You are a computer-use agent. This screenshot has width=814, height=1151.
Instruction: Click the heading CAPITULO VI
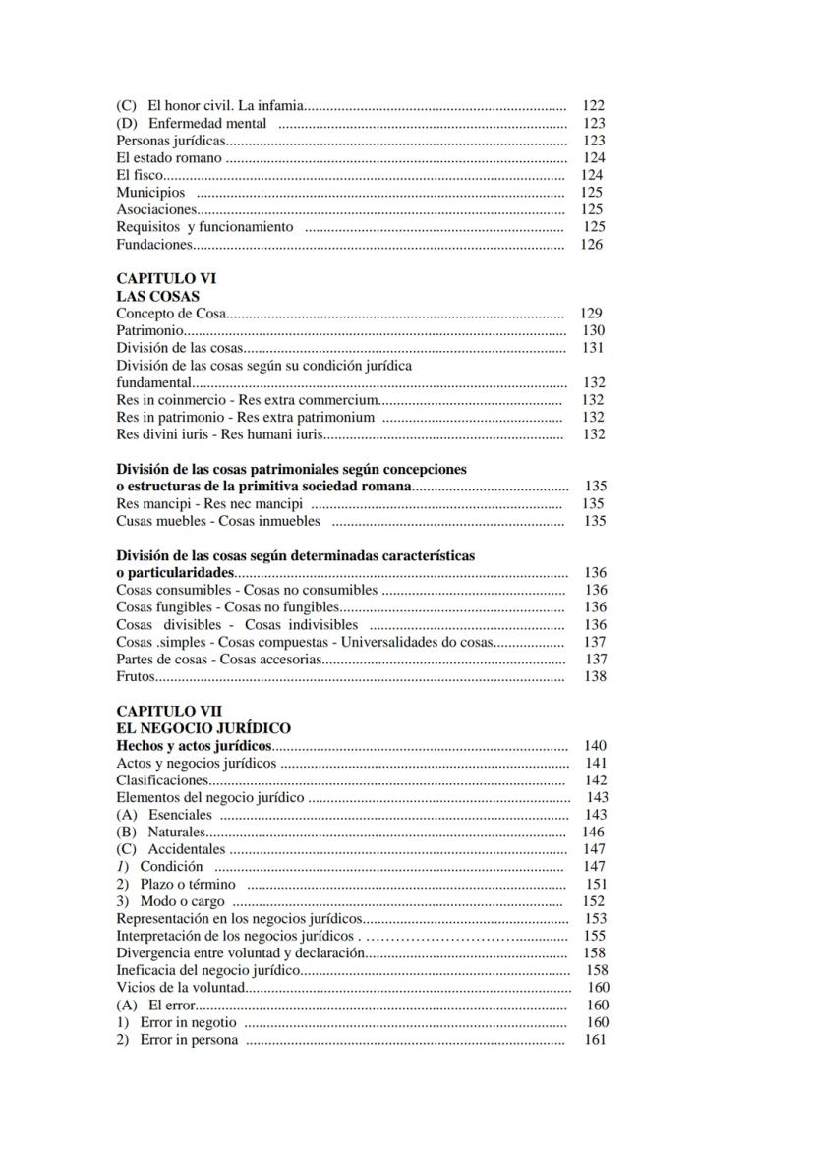166,278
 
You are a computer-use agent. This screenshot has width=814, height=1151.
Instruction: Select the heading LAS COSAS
157,296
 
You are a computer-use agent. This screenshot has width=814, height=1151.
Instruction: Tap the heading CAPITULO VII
169,711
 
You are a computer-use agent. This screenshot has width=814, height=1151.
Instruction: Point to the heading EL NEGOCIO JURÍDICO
203,728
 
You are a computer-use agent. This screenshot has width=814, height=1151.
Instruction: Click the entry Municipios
150,192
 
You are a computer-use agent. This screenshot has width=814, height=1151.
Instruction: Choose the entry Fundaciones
154,244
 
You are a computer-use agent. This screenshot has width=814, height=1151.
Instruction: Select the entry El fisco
140,175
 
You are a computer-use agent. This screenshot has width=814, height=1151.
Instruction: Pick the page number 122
593,105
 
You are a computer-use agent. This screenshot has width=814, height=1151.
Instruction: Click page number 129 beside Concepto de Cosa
591,314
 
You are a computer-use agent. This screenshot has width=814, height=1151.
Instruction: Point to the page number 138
595,676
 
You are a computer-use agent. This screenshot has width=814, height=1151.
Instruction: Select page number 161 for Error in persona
595,1040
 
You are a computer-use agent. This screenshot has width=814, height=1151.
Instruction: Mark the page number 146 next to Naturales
593,832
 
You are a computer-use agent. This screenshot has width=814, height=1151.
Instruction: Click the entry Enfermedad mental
192,123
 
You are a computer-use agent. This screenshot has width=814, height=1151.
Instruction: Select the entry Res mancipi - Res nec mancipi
196,503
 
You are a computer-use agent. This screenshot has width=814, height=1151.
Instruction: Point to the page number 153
595,918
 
